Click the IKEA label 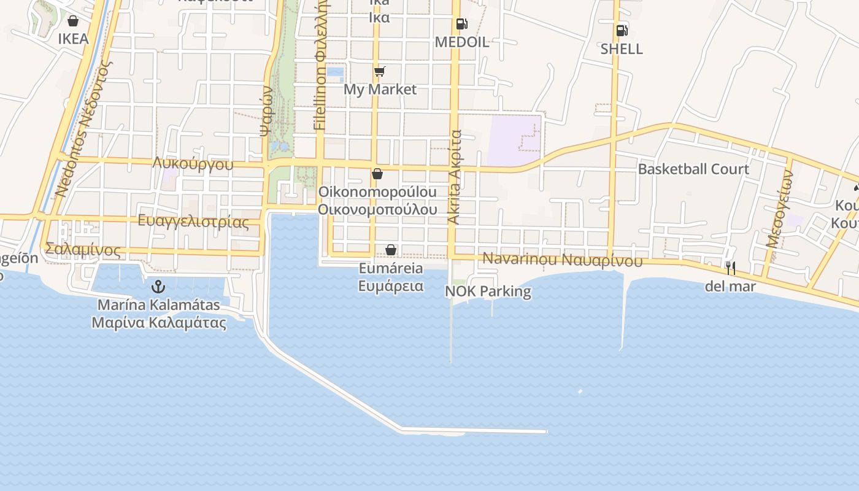(73, 39)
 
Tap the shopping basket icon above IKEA (73, 21)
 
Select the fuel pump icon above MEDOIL (461, 24)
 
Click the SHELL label (622, 49)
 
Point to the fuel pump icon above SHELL (622, 30)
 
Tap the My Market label (380, 90)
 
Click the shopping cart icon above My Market (380, 72)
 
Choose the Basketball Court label (693, 169)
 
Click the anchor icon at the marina (158, 286)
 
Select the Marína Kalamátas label (159, 304)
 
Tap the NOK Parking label (488, 291)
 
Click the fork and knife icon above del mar (730, 268)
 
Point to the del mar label (730, 286)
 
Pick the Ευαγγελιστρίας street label (193, 222)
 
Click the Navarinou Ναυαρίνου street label (562, 259)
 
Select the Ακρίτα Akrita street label (454, 177)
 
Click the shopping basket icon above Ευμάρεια (391, 250)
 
